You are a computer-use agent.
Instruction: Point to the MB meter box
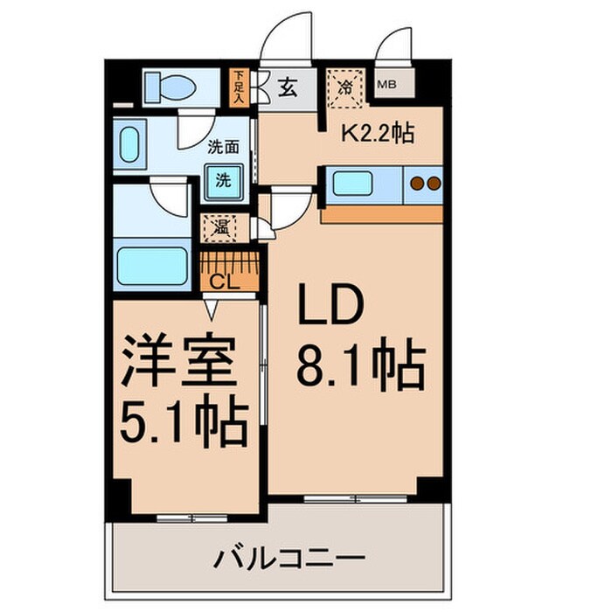coord(386,85)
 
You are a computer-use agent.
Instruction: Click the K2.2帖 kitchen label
coord(377,135)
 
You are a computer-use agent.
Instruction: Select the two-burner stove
coord(425,184)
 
